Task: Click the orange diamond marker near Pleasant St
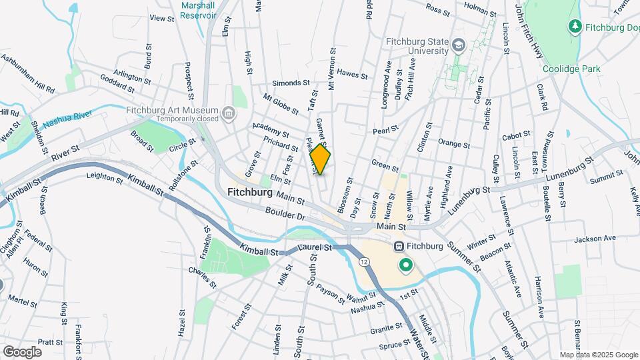pyautogui.click(x=320, y=160)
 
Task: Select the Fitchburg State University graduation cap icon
pyautogui.click(x=458, y=45)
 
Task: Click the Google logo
pyautogui.click(x=22, y=351)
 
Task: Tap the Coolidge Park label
pyautogui.click(x=571, y=69)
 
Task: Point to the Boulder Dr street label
pyautogui.click(x=284, y=216)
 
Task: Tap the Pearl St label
pyautogui.click(x=385, y=129)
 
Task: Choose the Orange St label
pyautogui.click(x=454, y=143)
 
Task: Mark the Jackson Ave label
pyautogui.click(x=595, y=238)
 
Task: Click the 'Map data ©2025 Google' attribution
pyautogui.click(x=598, y=354)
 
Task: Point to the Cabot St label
pyautogui.click(x=516, y=136)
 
